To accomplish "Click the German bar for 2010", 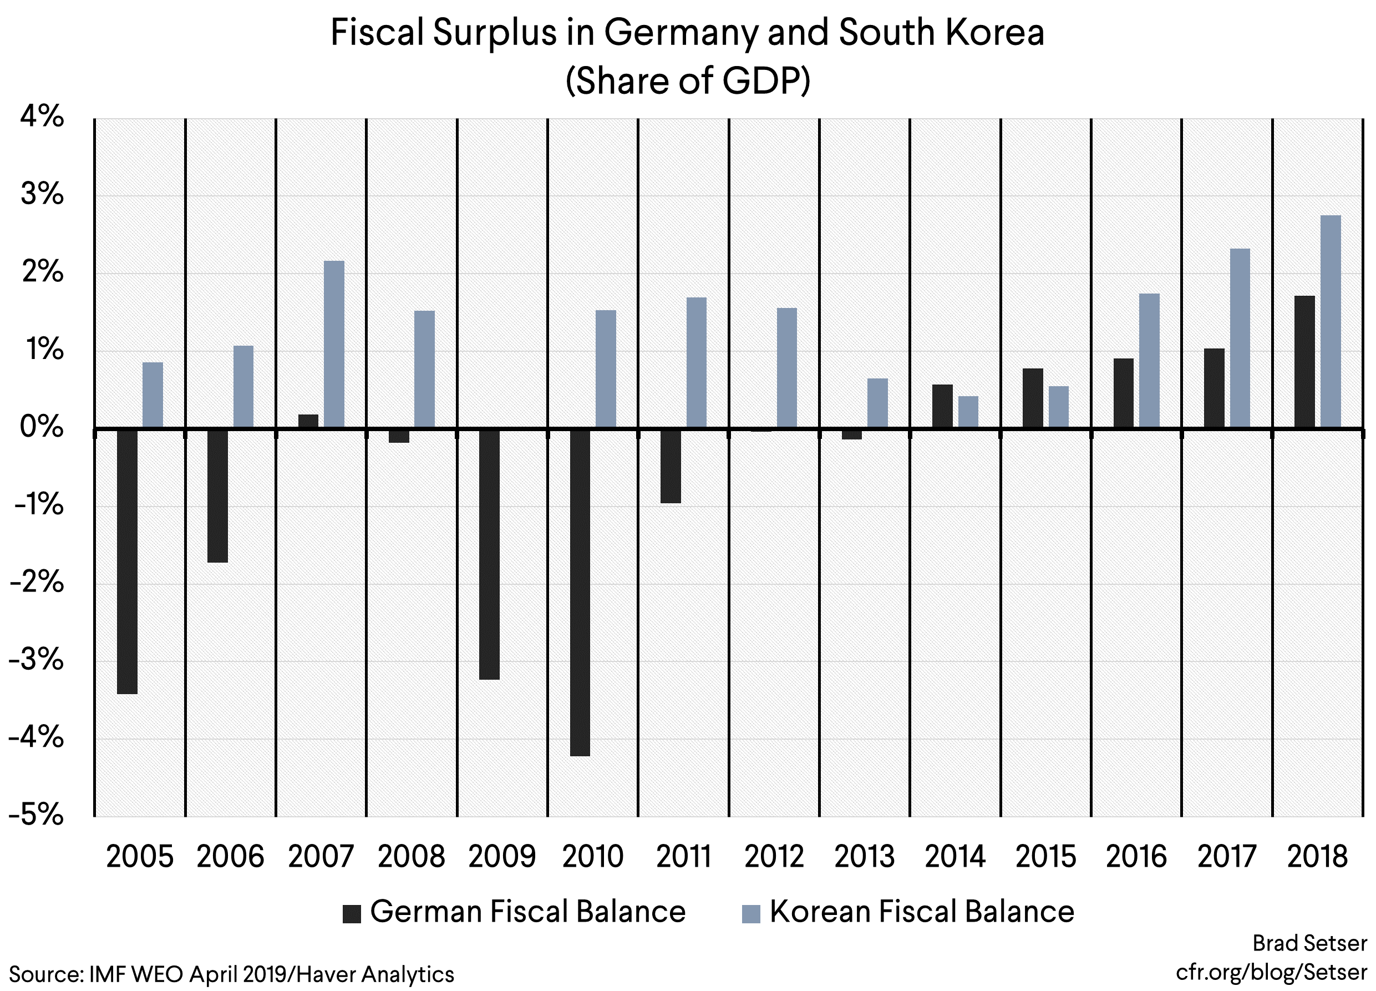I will click(580, 592).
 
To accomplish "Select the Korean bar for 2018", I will click(1331, 322).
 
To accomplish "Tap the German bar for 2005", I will click(127, 562).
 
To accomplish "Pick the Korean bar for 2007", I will click(334, 345).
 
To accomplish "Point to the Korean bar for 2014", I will click(968, 413).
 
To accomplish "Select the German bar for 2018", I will click(1304, 362).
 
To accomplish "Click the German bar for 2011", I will click(671, 466).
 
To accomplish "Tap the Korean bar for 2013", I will click(877, 403).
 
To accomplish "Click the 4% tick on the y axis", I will click(41, 117).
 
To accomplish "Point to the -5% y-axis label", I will click(36, 815).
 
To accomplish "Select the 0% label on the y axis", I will click(41, 427).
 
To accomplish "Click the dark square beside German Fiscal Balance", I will click(352, 914).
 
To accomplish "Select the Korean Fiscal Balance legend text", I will click(922, 912).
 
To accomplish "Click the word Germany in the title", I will click(680, 33).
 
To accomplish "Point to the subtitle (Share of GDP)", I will click(687, 80).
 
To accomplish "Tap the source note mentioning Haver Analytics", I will click(231, 974).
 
